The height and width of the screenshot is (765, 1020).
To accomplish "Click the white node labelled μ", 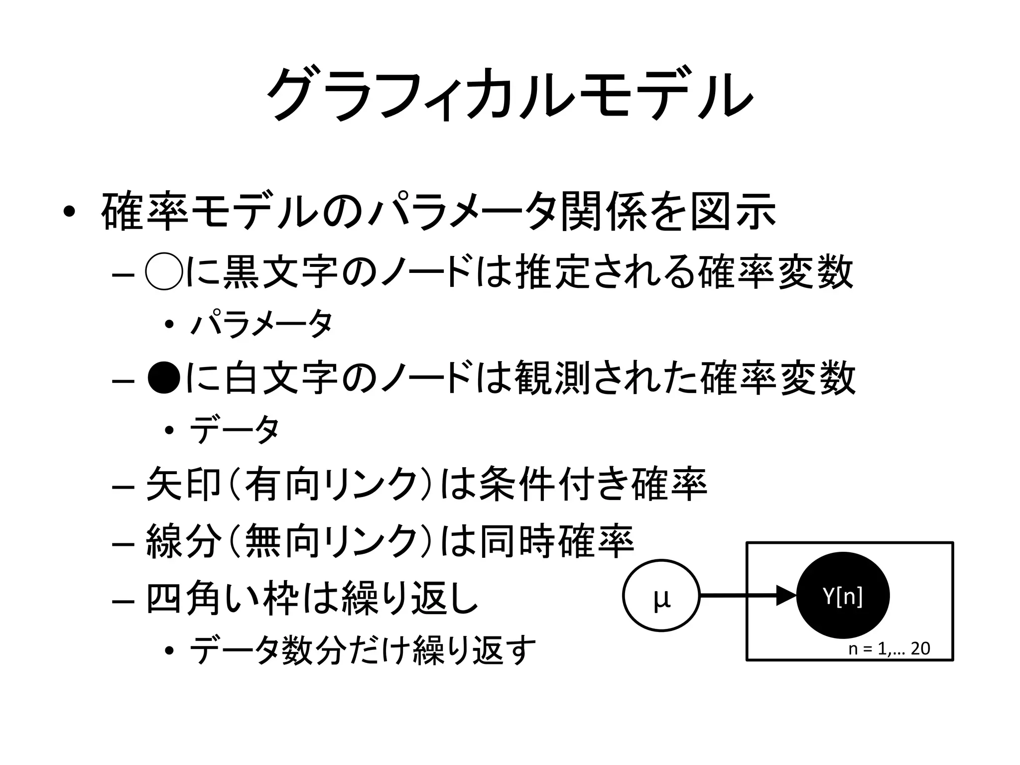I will pyautogui.click(x=661, y=595).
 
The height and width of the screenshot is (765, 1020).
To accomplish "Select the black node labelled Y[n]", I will pyautogui.click(x=843, y=596).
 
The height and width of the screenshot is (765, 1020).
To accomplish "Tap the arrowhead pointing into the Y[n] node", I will pyautogui.click(x=786, y=595).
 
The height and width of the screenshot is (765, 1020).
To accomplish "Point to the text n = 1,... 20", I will pyautogui.click(x=889, y=648).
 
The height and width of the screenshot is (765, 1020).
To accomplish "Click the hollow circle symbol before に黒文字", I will pyautogui.click(x=163, y=273).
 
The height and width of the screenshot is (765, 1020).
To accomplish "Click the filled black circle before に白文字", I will pyautogui.click(x=163, y=378).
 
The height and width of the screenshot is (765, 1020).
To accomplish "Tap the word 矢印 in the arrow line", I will pyautogui.click(x=183, y=483).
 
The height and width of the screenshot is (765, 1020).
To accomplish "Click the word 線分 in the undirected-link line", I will pyautogui.click(x=183, y=541).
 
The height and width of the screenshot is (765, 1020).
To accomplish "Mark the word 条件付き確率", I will pyautogui.click(x=592, y=483).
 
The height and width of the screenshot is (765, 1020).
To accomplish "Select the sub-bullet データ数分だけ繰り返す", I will pyautogui.click(x=363, y=650).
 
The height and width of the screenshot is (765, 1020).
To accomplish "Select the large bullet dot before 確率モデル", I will pyautogui.click(x=70, y=213).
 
